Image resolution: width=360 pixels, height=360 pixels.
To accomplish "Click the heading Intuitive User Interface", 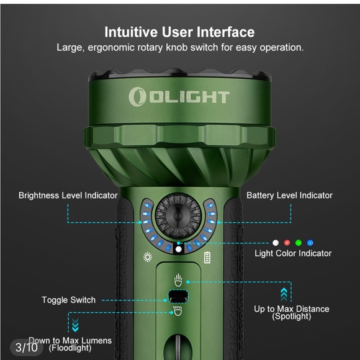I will [179, 32].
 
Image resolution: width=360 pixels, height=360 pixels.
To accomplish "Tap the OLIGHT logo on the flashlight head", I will [179, 96].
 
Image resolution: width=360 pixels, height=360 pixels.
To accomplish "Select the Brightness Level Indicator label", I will [68, 196].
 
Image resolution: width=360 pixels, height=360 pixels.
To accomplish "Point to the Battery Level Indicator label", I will [289, 196].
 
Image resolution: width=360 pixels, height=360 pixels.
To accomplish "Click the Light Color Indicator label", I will [293, 253].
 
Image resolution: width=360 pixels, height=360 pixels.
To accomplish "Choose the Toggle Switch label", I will [68, 300].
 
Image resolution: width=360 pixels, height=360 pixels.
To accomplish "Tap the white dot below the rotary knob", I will [179, 249].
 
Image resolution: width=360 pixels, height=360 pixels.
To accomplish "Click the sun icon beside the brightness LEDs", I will [148, 258].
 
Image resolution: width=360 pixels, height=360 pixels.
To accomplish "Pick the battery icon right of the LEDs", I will [207, 258].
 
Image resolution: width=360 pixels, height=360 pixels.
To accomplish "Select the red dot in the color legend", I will [287, 243].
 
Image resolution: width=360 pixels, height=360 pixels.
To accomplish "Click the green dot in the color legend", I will [299, 243].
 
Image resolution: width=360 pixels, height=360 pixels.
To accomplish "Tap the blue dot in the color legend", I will [310, 243].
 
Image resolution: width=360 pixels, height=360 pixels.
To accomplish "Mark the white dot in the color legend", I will [275, 243].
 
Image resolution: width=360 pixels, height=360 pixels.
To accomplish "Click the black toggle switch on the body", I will [178, 296].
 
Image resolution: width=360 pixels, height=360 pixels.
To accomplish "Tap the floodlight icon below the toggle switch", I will [178, 311].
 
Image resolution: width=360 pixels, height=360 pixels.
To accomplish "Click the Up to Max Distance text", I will [292, 309].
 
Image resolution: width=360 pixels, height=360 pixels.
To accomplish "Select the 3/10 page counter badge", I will [26, 346].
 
